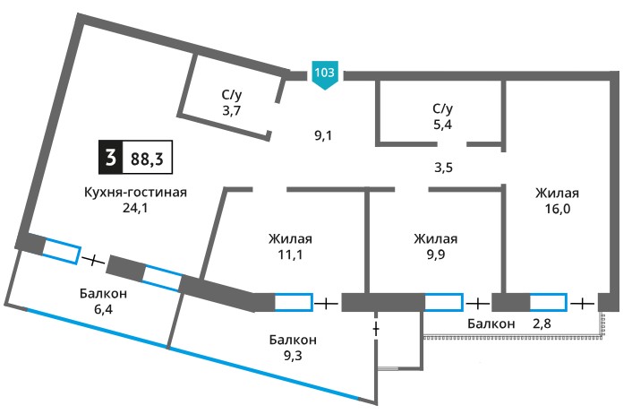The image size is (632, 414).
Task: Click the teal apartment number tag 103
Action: pyautogui.click(x=324, y=75)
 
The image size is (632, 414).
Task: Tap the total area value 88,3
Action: pyautogui.click(x=147, y=159)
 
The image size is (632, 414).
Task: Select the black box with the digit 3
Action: pyautogui.click(x=110, y=158)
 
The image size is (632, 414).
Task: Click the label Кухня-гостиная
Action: pyautogui.click(x=135, y=192)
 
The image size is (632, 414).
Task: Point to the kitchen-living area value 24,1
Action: pyautogui.click(x=135, y=208)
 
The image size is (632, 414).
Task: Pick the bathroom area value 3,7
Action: pyautogui.click(x=232, y=110)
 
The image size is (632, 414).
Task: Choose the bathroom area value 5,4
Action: pyautogui.click(x=442, y=125)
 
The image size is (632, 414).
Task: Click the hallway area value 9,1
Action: pyautogui.click(x=323, y=135)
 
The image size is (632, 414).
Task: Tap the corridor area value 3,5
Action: pyautogui.click(x=443, y=168)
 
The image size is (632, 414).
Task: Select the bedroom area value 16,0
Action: pyautogui.click(x=558, y=209)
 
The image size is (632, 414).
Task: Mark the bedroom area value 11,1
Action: pyautogui.click(x=290, y=254)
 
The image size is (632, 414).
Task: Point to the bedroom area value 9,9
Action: pyautogui.click(x=436, y=254)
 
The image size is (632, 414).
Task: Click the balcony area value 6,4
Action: pyautogui.click(x=103, y=309)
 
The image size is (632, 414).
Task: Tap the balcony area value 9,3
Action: pyautogui.click(x=293, y=356)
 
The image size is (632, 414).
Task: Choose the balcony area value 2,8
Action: pyautogui.click(x=542, y=323)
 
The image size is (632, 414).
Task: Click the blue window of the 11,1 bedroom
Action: pyautogui.click(x=294, y=302)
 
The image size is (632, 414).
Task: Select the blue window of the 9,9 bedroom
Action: pyautogui.click(x=443, y=302)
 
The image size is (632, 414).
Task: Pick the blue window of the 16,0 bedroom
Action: pyautogui.click(x=548, y=302)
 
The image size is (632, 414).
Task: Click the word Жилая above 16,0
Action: pyautogui.click(x=557, y=193)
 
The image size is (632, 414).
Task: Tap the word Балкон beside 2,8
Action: pyautogui.click(x=491, y=323)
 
